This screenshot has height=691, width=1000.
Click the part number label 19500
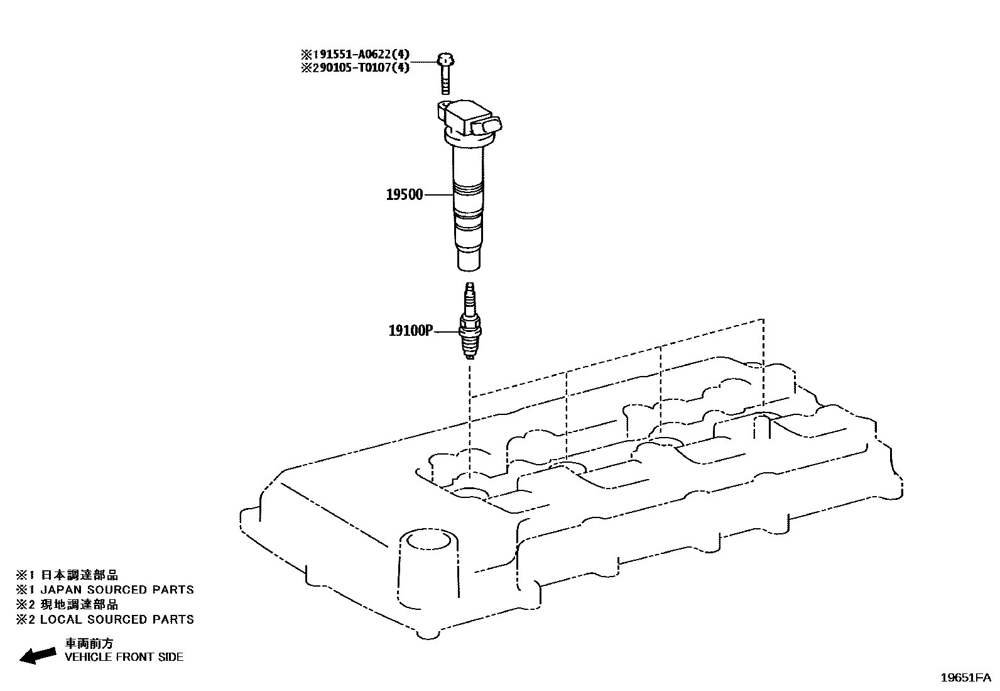tap(404, 195)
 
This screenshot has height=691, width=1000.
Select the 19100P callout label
tap(411, 331)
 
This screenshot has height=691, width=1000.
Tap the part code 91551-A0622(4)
tap(360, 55)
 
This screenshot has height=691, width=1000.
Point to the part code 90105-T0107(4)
tap(360, 68)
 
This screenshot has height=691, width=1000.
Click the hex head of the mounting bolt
tap(445, 60)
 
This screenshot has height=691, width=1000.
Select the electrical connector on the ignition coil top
tap(487, 126)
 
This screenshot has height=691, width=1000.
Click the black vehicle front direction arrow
tap(38, 656)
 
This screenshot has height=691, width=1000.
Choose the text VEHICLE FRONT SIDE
tap(124, 657)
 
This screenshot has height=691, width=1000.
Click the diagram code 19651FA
tap(965, 678)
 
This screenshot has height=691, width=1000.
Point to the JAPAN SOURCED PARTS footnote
tap(117, 590)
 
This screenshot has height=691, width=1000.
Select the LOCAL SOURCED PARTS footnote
tap(117, 619)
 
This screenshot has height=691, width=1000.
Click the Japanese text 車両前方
tap(89, 644)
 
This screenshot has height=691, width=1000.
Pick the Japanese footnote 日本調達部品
tap(80, 575)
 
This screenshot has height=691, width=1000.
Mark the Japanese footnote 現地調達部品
tap(80, 605)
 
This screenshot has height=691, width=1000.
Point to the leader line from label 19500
tap(438, 195)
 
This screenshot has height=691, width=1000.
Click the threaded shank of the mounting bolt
tap(445, 80)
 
